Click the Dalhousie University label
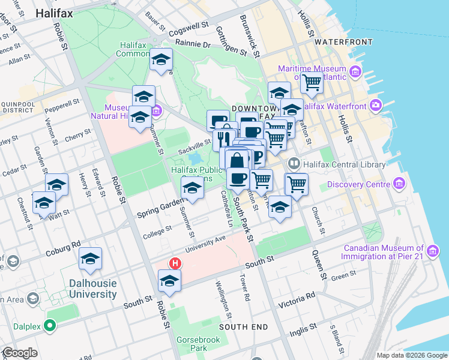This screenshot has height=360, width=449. coord(85,288)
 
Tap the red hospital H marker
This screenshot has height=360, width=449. coord(175,263)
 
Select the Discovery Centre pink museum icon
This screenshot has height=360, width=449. coord(399,183)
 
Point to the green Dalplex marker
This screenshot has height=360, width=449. coord(50,327)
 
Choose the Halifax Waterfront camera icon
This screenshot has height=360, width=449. coord(376,106)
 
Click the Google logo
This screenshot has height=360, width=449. coord(20,353)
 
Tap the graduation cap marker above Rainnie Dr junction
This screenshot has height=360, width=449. coord(161,59)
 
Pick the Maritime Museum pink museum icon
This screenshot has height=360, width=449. coord(355,73)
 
